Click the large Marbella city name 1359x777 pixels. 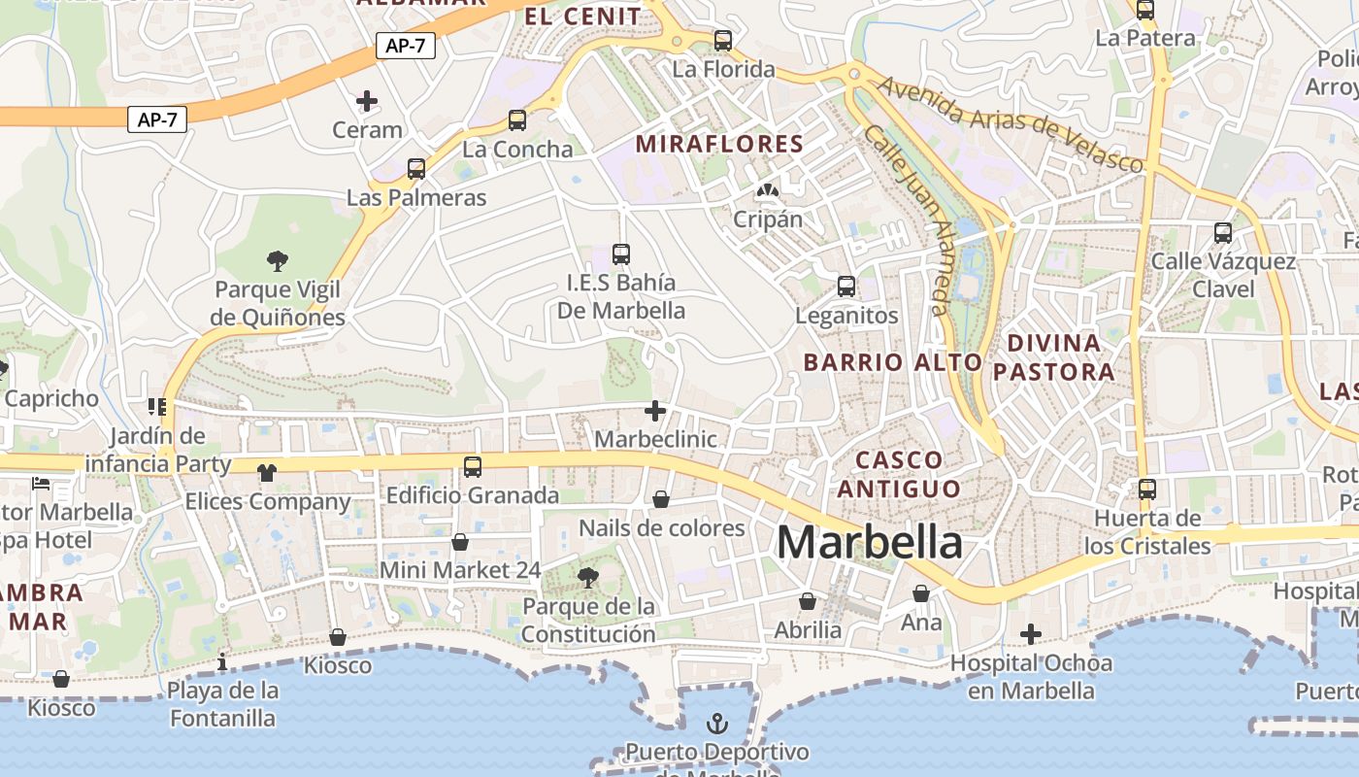click(870, 542)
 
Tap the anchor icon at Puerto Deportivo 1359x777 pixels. click(716, 724)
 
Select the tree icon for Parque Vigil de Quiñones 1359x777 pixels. click(278, 260)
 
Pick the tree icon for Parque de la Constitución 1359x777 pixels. click(587, 578)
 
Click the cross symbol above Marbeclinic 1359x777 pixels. click(655, 411)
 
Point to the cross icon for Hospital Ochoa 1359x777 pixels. click(1031, 634)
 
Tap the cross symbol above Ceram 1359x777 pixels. click(367, 100)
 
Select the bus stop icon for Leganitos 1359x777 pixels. click(846, 287)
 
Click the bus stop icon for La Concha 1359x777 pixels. click(517, 120)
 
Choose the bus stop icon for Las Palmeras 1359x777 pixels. click(416, 169)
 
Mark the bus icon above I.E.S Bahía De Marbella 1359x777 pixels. click(621, 254)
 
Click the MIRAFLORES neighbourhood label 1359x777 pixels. click(719, 145)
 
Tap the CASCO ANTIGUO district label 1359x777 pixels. click(898, 474)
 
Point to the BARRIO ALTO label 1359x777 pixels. click(893, 362)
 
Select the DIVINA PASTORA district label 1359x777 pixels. click(1053, 357)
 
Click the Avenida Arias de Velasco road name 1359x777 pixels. click(1010, 123)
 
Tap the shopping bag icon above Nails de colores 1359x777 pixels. click(661, 499)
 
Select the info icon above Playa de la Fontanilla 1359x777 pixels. click(223, 662)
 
